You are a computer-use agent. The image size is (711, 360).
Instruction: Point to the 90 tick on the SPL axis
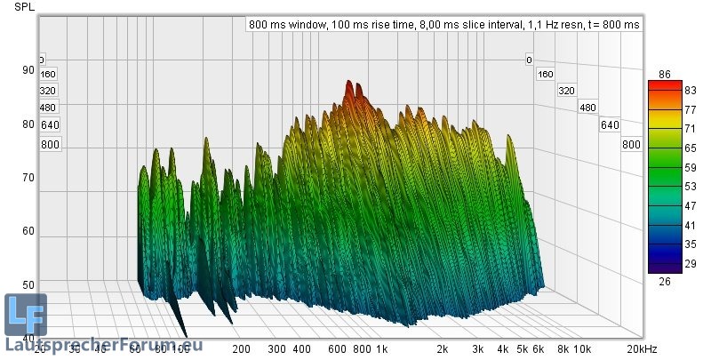pyautogui.click(x=28, y=70)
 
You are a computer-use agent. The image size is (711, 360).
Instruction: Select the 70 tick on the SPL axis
pyautogui.click(x=28, y=177)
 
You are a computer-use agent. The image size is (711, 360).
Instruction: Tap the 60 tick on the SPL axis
pyautogui.click(x=28, y=230)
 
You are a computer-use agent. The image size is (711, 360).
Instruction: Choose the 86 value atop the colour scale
pyautogui.click(x=664, y=74)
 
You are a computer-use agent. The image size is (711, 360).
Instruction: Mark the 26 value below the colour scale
pyautogui.click(x=664, y=281)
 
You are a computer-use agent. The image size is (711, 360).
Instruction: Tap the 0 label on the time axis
pyautogui.click(x=529, y=60)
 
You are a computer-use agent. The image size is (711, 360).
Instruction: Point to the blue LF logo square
pyautogui.click(x=25, y=315)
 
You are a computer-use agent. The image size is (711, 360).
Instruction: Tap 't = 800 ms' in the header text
pyautogui.click(x=610, y=25)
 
